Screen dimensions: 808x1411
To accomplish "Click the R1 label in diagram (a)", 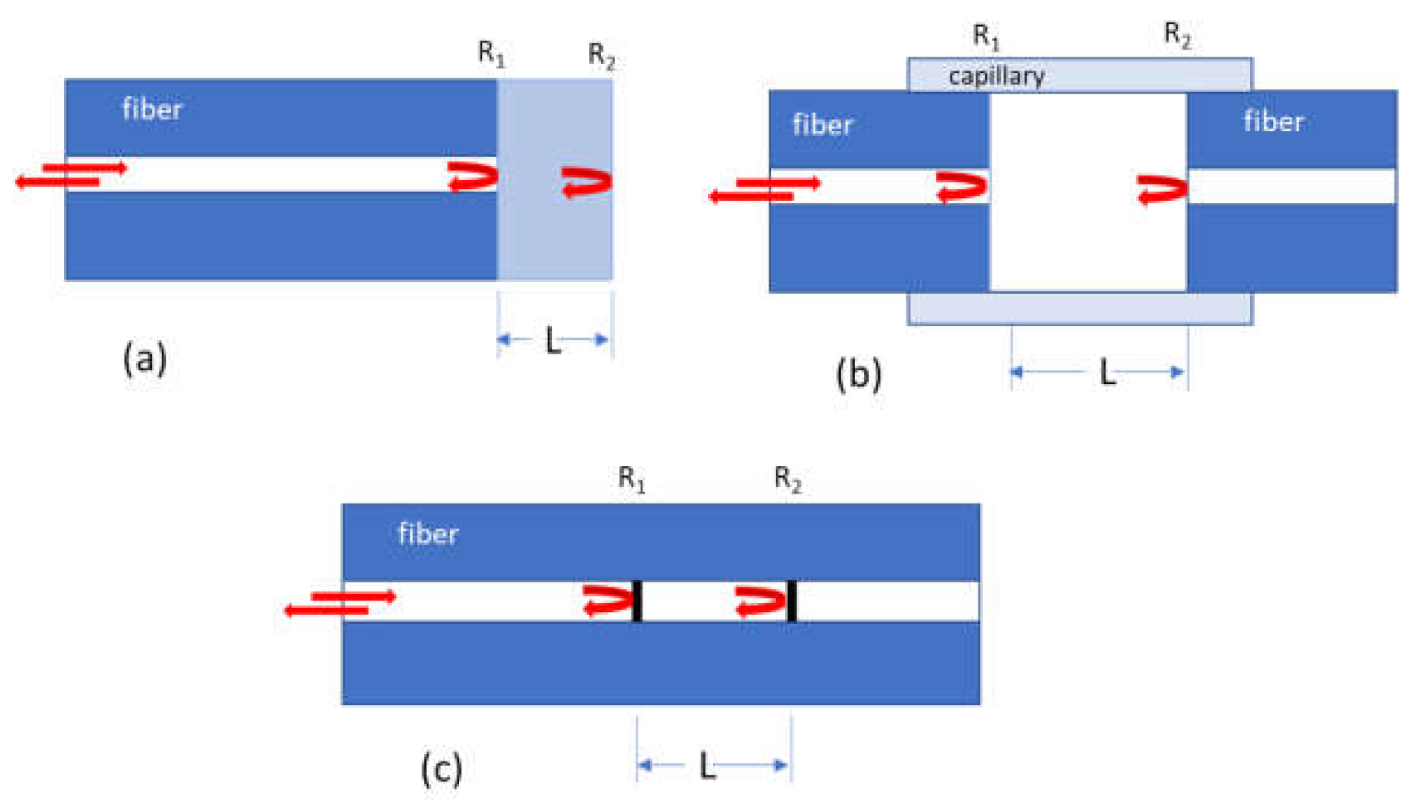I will point(491,54).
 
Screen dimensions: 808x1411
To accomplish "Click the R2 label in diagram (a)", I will point(601,56).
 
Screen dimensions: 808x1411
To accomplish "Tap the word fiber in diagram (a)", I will point(152,110).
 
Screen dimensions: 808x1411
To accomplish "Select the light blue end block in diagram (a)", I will point(554,232).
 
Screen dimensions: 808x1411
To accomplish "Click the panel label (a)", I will point(144,359).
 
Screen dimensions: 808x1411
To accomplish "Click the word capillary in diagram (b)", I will point(996,76).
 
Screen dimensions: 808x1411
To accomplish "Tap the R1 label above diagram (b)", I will point(986,37).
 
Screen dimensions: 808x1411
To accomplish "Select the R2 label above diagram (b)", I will point(1177,35).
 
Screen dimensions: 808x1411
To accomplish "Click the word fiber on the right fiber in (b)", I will point(1273,122).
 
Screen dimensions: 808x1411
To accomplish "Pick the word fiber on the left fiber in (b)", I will point(823,125).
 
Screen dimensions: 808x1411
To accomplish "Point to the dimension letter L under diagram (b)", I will point(1106,373).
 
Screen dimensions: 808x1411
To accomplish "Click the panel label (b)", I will point(858,374).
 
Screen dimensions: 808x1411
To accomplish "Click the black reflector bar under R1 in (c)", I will point(637,601).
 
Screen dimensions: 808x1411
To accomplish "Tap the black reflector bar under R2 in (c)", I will point(791,601).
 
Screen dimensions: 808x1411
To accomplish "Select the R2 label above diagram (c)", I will point(787,479).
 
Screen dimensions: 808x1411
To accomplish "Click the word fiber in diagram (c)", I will point(427,534).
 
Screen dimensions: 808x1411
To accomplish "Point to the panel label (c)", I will point(441,768).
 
